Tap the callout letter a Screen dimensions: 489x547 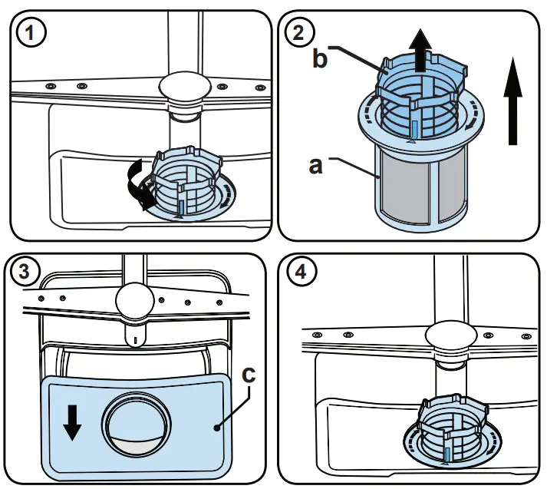(x=315, y=165)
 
